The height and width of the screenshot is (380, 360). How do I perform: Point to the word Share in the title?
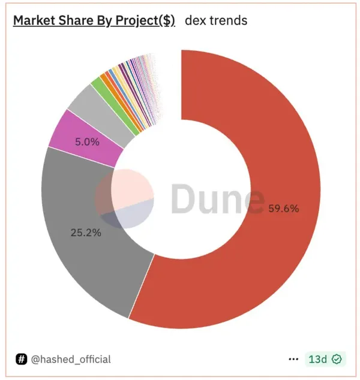(x=76, y=20)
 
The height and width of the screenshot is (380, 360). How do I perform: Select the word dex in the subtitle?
(x=196, y=20)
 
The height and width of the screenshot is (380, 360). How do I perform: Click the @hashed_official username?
(x=71, y=360)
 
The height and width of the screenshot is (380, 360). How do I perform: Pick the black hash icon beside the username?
(x=22, y=360)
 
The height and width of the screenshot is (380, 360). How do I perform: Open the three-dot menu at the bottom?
(x=293, y=360)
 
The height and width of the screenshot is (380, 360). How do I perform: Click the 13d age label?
(x=317, y=360)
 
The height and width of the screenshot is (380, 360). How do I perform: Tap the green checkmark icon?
(x=337, y=360)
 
